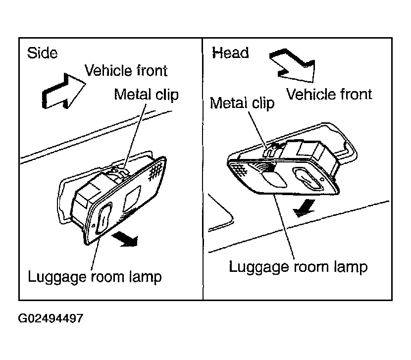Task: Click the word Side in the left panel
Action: pyautogui.click(x=42, y=53)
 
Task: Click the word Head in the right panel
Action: pyautogui.click(x=230, y=52)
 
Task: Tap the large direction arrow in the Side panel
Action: pyautogui.click(x=64, y=91)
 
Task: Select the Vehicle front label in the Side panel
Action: pyautogui.click(x=126, y=70)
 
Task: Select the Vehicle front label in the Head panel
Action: pyautogui.click(x=329, y=94)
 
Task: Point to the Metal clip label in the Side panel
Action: pyautogui.click(x=146, y=95)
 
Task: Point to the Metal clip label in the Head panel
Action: pyautogui.click(x=242, y=103)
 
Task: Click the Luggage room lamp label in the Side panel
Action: pyautogui.click(x=95, y=277)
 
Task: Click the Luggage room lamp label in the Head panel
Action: pyautogui.click(x=298, y=267)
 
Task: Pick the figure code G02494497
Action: pyautogui.click(x=51, y=318)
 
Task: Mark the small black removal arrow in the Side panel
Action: pyautogui.click(x=125, y=239)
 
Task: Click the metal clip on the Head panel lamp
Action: pyautogui.click(x=271, y=150)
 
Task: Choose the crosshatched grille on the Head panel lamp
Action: pyautogui.click(x=239, y=170)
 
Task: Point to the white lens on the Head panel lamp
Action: pyautogui.click(x=274, y=180)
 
